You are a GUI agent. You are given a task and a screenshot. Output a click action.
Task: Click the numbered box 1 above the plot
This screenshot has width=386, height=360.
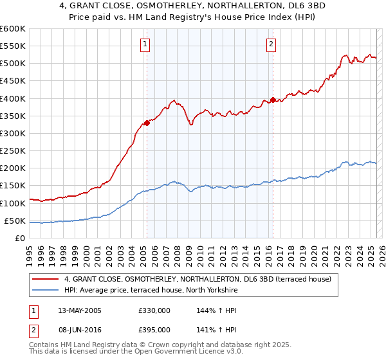[x=147, y=44]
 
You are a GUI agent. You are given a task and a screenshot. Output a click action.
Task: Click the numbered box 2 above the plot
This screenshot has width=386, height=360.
[x=271, y=44]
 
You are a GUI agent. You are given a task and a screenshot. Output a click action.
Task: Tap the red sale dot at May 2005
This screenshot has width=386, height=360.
[x=147, y=123]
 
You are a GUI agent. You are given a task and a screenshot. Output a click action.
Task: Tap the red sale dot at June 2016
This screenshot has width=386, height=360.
[x=273, y=100]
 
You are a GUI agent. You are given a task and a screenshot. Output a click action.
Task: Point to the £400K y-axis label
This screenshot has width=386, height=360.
[x=13, y=98]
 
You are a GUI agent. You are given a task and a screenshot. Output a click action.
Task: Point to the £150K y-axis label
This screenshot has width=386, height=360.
[x=13, y=186]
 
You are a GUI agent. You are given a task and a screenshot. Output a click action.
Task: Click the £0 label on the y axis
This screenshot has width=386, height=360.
[x=19, y=238]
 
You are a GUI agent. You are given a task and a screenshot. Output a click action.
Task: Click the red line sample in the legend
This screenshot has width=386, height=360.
[x=46, y=279]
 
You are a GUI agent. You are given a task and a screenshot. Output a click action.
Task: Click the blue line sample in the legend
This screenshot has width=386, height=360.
[x=46, y=291]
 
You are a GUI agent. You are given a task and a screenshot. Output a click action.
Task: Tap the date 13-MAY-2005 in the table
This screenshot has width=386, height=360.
[x=80, y=310]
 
